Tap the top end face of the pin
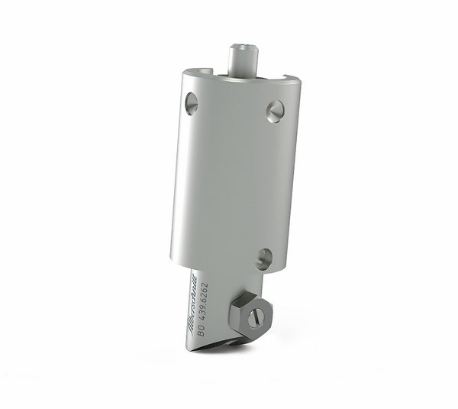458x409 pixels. click(242, 47)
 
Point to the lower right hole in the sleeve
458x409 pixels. click(263, 258)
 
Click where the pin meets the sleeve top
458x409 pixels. click(242, 73)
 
